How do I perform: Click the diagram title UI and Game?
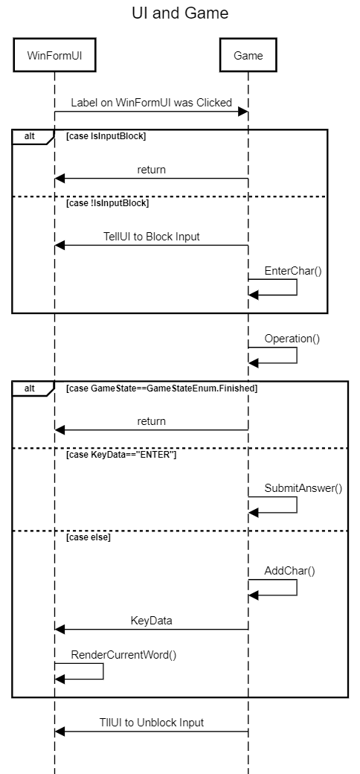pyautogui.click(x=180, y=13)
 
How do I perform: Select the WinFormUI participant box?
pyautogui.click(x=54, y=55)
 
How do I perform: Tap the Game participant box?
pyautogui.click(x=248, y=55)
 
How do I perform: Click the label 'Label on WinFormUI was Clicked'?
pyautogui.click(x=152, y=103)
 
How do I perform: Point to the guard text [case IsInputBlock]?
pyautogui.click(x=106, y=136)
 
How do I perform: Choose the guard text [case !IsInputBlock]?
pyautogui.click(x=108, y=203)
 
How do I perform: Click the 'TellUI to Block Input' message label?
pyautogui.click(x=152, y=237)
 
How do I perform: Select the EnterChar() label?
pyautogui.click(x=293, y=270)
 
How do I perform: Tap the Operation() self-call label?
pyautogui.click(x=292, y=339)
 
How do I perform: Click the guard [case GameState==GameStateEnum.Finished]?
pyautogui.click(x=161, y=388)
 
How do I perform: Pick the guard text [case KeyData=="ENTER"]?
pyautogui.click(x=121, y=455)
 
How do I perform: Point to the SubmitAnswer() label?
pyautogui.click(x=303, y=488)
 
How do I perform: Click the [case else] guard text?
pyautogui.click(x=89, y=537)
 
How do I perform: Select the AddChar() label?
pyautogui.click(x=289, y=571)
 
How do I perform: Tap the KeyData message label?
pyautogui.click(x=152, y=621)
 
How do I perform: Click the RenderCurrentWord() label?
pyautogui.click(x=123, y=655)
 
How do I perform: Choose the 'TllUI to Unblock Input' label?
pyautogui.click(x=152, y=723)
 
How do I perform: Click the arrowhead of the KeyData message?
pyautogui.click(x=60, y=630)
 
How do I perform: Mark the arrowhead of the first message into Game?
pyautogui.click(x=242, y=112)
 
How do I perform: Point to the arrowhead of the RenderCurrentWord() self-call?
pyautogui.click(x=60, y=679)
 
